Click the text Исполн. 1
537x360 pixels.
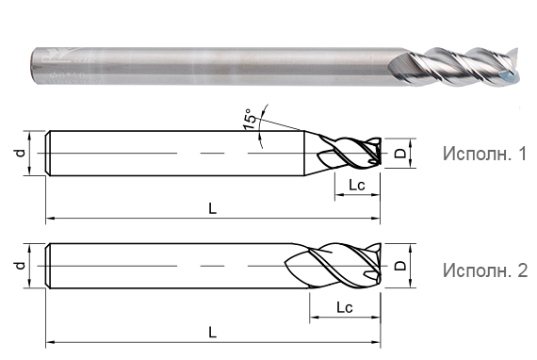coord(484,154)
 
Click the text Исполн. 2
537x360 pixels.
coord(484,270)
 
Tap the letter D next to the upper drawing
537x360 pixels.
coord(399,153)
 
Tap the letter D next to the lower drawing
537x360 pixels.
coord(399,268)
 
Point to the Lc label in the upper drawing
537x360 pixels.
coord(356,186)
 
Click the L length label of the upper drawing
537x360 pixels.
coord(213,209)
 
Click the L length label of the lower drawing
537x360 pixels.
coord(213,332)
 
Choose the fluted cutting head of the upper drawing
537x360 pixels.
coord(349,153)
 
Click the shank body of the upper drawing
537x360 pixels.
coord(170,153)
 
